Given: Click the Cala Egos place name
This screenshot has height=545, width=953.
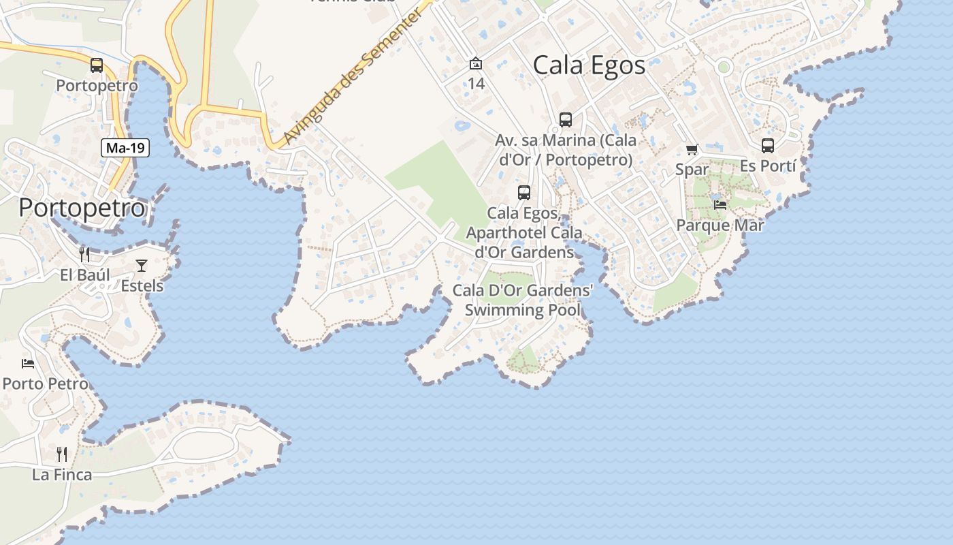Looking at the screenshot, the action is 589,66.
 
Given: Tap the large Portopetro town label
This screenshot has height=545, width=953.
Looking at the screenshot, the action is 82,208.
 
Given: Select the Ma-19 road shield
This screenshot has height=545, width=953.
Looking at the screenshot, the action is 126,148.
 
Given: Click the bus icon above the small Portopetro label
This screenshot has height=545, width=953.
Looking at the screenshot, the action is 97,65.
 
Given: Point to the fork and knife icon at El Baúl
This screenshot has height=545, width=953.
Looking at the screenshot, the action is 84,255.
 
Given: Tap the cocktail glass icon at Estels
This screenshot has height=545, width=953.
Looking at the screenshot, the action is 142,265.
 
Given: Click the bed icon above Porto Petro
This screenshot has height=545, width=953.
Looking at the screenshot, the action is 28,364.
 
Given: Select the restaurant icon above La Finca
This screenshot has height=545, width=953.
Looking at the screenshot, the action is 62,454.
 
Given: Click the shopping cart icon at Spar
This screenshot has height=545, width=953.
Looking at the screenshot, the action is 692,149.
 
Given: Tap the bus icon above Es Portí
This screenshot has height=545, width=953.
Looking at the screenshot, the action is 767,146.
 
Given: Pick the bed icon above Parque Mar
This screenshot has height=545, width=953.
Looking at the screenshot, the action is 720,204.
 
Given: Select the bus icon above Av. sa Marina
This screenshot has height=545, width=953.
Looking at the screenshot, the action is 565,120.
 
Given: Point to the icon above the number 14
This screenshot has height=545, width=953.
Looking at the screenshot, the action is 476,64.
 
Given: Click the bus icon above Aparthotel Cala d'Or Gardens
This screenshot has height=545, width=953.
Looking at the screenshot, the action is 523,193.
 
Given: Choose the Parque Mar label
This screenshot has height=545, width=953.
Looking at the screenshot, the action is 720,225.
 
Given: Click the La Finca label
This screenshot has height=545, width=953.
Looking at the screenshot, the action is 62,475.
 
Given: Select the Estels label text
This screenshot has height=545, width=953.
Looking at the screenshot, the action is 142,285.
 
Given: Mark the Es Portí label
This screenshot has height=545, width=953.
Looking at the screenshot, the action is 768,166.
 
